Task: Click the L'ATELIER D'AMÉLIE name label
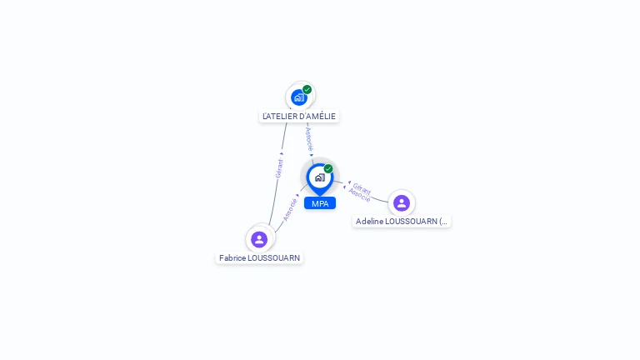click(299, 117)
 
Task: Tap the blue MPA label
click(320, 203)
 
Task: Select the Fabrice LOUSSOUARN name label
click(259, 258)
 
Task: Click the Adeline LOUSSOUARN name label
click(402, 222)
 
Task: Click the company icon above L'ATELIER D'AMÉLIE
click(298, 97)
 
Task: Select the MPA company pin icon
click(319, 177)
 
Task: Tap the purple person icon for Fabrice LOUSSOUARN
click(259, 239)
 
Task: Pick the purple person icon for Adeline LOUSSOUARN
click(402, 203)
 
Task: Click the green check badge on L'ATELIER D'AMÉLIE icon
click(307, 89)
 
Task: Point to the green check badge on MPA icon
click(328, 168)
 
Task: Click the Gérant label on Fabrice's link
click(279, 168)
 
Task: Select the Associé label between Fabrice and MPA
click(290, 208)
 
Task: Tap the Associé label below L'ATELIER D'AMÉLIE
click(309, 138)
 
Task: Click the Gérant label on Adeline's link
click(362, 187)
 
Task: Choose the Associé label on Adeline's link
click(360, 196)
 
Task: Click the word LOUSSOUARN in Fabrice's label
click(274, 258)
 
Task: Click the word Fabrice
click(232, 258)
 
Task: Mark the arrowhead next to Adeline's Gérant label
click(349, 182)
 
